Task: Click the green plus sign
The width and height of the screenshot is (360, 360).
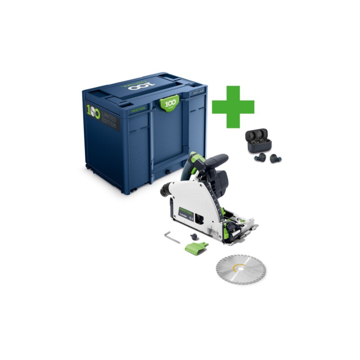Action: (x=233, y=106)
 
